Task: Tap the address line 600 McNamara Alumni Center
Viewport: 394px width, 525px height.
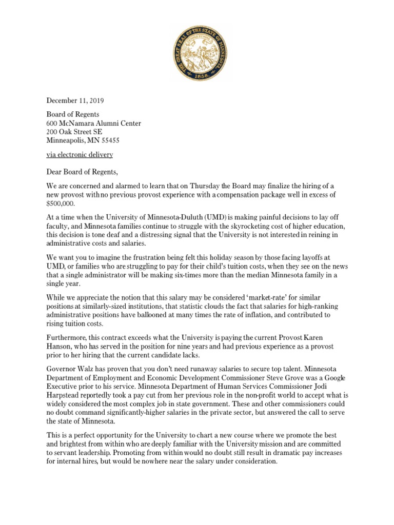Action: point(94,124)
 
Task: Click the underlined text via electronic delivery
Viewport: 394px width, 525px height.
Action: point(80,155)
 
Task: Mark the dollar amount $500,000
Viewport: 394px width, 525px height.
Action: point(61,204)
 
